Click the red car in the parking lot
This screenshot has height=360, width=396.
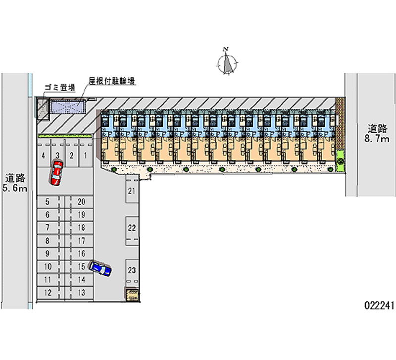pyautogui.click(x=56, y=173)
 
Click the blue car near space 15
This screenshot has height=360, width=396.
pyautogui.click(x=100, y=268)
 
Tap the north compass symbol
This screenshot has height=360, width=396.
pyautogui.click(x=228, y=63)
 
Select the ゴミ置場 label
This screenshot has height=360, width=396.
pyautogui.click(x=59, y=88)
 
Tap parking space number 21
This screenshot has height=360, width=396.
pyautogui.click(x=132, y=191)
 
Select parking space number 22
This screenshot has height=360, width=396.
pyautogui.click(x=132, y=228)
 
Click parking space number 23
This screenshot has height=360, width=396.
pyautogui.click(x=132, y=270)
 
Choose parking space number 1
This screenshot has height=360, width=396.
pyautogui.click(x=85, y=155)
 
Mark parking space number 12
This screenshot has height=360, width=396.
pyautogui.click(x=48, y=292)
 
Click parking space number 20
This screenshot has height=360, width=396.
pyautogui.click(x=82, y=202)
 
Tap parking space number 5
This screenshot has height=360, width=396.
pyautogui.click(x=48, y=202)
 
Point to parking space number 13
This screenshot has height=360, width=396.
pyautogui.click(x=82, y=292)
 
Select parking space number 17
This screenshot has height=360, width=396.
pyautogui.click(x=82, y=241)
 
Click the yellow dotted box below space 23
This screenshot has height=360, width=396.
pyautogui.click(x=132, y=295)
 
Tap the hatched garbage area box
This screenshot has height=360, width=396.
pyautogui.click(x=42, y=107)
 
